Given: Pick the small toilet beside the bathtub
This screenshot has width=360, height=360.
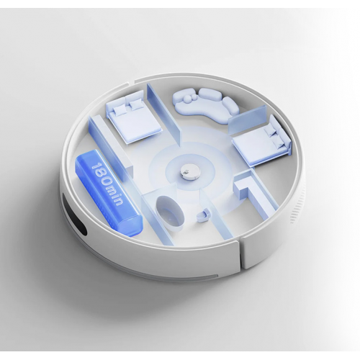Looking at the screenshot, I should click(x=204, y=214).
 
